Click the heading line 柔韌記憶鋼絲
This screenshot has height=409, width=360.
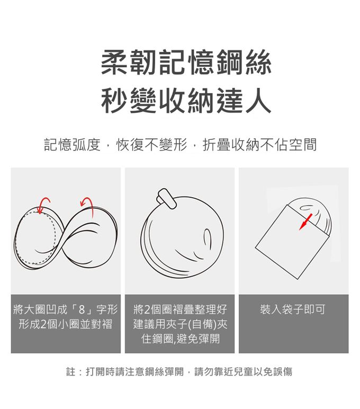(x=186, y=63)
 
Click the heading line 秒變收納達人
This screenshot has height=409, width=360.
(x=186, y=101)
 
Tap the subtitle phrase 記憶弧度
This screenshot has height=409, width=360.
(x=72, y=145)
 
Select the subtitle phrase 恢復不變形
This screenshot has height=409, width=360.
(x=152, y=145)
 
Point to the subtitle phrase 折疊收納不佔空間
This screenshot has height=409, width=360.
(x=259, y=145)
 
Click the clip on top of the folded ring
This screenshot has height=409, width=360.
(x=167, y=199)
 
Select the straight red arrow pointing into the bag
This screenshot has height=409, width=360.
(x=305, y=222)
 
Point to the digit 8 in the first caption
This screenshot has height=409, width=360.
(x=82, y=309)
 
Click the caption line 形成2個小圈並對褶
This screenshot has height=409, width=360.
(x=66, y=324)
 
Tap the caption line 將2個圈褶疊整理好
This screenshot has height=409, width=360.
(x=180, y=309)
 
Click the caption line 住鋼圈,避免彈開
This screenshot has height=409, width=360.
(x=181, y=339)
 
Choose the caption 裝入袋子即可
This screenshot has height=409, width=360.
(x=292, y=309)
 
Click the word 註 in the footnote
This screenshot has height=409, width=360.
(x=70, y=372)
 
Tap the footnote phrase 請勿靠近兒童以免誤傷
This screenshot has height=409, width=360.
(x=243, y=372)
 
